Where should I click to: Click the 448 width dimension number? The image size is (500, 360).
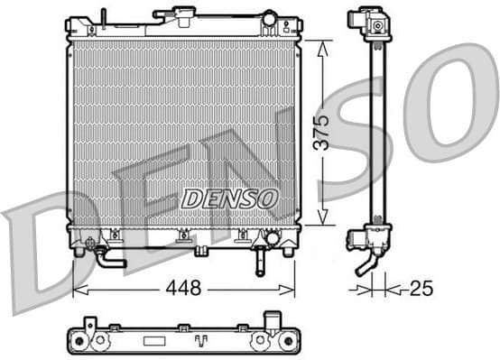click(184, 289)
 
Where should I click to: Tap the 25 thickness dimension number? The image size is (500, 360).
click(421, 289)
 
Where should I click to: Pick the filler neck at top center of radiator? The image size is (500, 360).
click(175, 15)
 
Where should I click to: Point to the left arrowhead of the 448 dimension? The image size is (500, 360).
click(77, 290)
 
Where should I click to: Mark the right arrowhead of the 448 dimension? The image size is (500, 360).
click(291, 290)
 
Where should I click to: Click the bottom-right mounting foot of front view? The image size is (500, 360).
click(288, 250)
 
